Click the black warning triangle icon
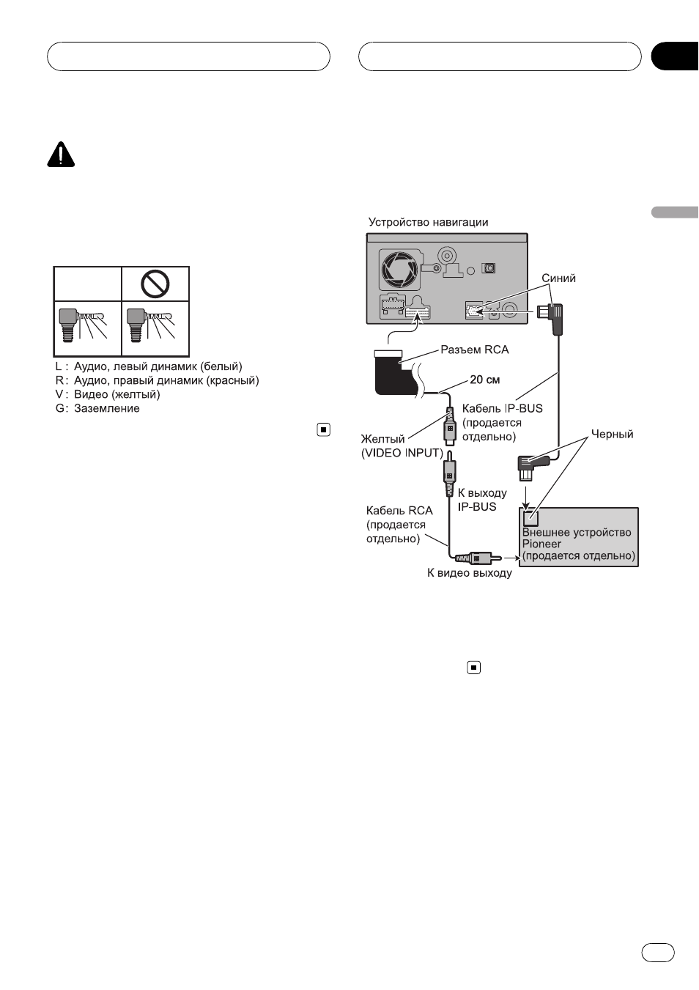pos(61,154)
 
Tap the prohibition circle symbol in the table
pos(155,284)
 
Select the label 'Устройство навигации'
pos(428,222)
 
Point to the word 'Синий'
pos(558,278)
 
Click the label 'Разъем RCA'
pos(475,350)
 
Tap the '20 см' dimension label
pos(485,380)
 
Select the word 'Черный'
pos(612,434)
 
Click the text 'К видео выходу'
pos(469,573)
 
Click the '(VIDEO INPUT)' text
pos(402,453)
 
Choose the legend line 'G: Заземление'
pos(97,408)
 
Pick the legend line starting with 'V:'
pos(108,394)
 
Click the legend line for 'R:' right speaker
pos(158,380)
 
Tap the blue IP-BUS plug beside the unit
pos(550,318)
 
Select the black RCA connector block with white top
pos(395,372)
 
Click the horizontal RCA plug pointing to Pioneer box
pos(478,558)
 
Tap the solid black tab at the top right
pos(675,56)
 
